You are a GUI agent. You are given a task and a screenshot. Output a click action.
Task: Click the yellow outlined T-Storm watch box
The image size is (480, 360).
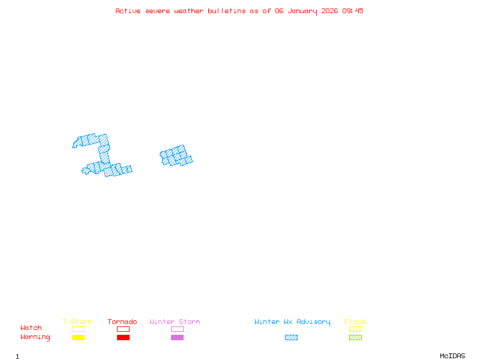click(78, 329)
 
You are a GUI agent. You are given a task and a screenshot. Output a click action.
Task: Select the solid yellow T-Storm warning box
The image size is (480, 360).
click(78, 338)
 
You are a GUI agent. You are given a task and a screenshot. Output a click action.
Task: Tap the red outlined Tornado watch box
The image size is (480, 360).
click(123, 329)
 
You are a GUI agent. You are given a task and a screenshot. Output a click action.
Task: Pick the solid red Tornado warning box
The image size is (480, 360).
click(123, 338)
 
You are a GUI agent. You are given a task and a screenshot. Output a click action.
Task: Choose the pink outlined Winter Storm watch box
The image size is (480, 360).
click(177, 329)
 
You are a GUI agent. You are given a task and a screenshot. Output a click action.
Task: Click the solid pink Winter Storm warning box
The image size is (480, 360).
click(177, 338)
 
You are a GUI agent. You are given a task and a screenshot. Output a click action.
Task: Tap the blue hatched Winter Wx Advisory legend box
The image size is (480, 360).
click(291, 338)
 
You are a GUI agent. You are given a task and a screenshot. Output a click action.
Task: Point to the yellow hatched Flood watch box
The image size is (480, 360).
click(355, 329)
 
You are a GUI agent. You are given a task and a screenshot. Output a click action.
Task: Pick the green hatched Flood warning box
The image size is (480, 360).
click(355, 338)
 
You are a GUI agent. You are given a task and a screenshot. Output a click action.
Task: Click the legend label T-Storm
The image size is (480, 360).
click(77, 322)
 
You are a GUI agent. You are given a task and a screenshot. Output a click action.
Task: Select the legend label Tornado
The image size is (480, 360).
click(122, 322)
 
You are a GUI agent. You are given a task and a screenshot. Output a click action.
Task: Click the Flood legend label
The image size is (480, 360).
click(355, 322)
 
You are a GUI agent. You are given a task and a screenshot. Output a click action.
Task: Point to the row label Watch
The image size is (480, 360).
click(31, 328)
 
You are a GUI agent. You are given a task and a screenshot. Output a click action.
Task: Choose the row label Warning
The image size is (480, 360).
click(35, 337)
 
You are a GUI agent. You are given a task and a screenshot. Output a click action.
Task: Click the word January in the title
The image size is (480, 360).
click(306, 11)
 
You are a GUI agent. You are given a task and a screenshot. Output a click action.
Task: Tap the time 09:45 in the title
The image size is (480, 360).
click(353, 11)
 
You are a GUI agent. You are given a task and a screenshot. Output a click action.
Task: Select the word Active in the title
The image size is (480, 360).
click(128, 11)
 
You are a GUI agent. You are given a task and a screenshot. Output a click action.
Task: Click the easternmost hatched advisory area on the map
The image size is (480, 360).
click(176, 156)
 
